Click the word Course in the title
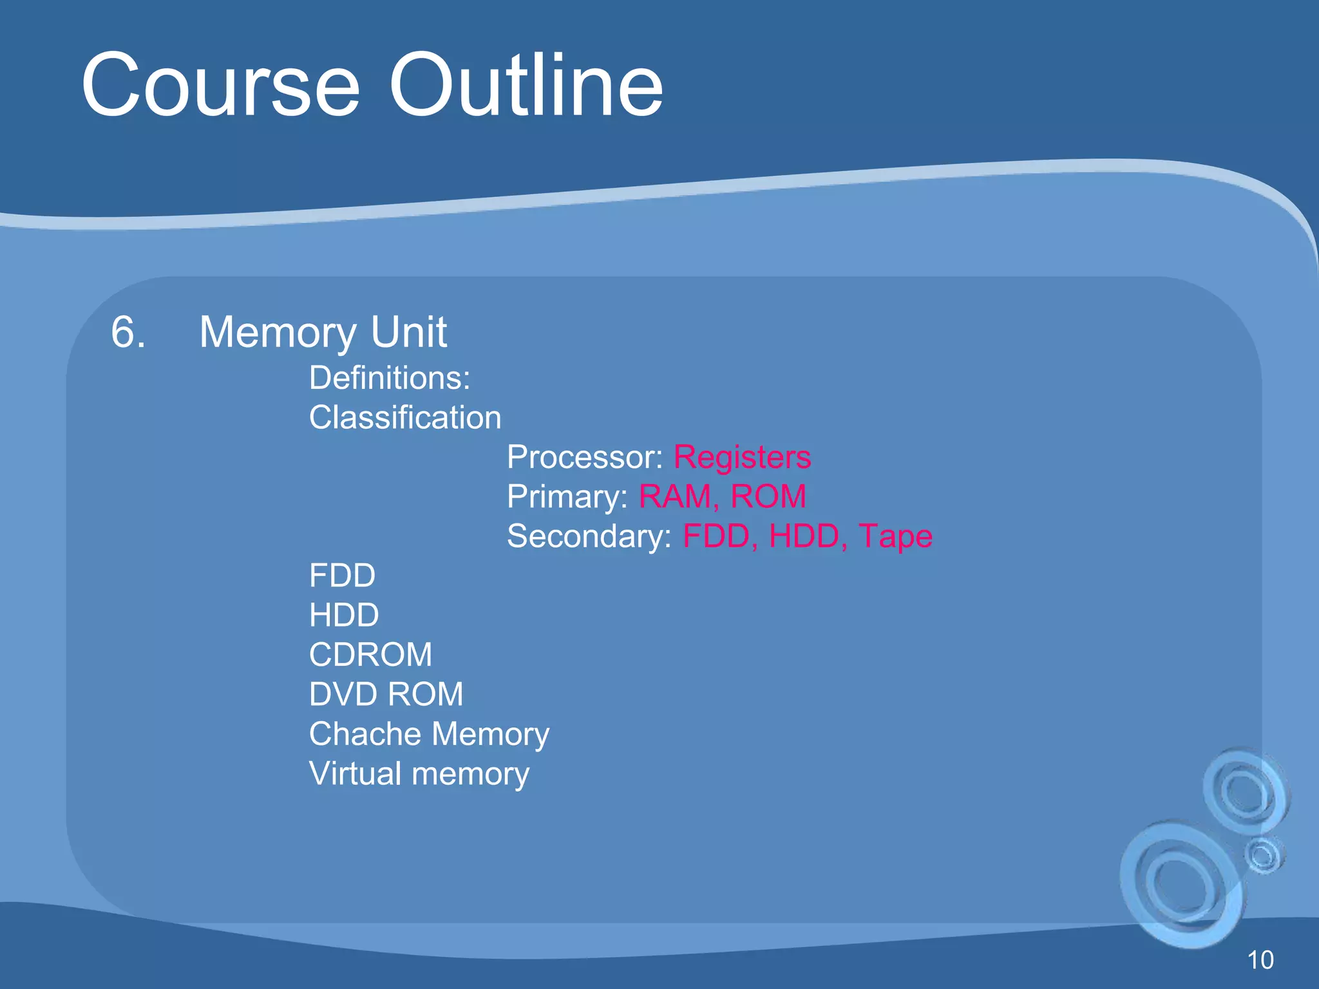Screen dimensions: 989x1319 pos(220,86)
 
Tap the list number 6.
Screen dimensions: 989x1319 pos(128,332)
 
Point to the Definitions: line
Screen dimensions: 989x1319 pos(389,378)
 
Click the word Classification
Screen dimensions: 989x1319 pos(404,417)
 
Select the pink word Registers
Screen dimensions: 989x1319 pos(742,457)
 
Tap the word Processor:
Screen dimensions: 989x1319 pos(584,457)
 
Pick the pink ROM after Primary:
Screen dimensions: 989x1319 pos(768,496)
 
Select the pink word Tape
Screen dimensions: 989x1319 pos(895,536)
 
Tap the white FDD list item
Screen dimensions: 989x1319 pos(342,576)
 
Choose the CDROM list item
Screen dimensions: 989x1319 pos(370,655)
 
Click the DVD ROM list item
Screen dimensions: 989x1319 pos(386,694)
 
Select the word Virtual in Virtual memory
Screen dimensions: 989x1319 pos(356,773)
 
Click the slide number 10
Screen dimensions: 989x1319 pos(1260,960)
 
